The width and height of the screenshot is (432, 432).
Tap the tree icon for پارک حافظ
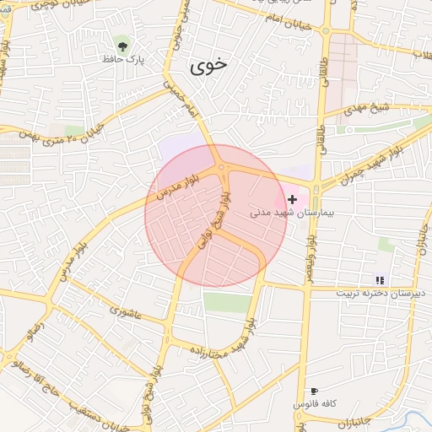pyautogui.click(x=123, y=43)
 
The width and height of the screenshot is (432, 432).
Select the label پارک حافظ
pyautogui.click(x=130, y=59)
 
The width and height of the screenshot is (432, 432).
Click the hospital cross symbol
pyautogui.click(x=293, y=199)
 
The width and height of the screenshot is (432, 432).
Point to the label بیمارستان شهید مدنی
pyautogui.click(x=293, y=213)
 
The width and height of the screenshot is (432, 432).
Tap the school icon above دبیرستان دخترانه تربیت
pyautogui.click(x=380, y=279)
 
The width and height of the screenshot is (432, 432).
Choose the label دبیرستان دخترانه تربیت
pyautogui.click(x=375, y=293)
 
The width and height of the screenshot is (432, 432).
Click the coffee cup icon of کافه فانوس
pyautogui.click(x=314, y=391)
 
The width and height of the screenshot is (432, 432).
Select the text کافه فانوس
pyautogui.click(x=315, y=404)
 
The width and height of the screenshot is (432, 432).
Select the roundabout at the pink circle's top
pyautogui.click(x=222, y=169)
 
